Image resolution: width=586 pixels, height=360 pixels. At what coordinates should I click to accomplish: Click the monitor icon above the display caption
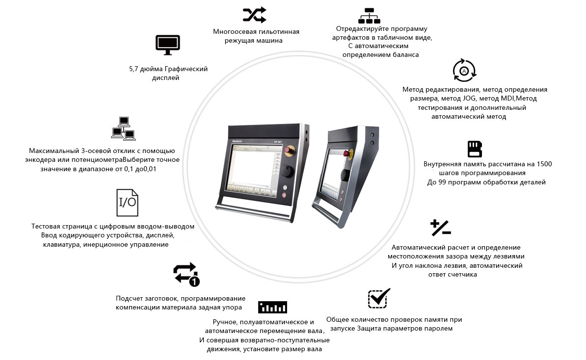168,45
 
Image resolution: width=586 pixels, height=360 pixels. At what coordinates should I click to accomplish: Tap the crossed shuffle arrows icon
255,15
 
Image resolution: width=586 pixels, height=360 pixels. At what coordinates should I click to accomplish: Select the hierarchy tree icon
369,16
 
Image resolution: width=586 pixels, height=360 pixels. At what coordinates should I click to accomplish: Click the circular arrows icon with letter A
464,70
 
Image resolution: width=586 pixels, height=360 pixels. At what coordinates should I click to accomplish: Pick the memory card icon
475,149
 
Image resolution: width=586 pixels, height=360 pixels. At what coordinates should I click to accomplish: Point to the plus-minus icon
441,228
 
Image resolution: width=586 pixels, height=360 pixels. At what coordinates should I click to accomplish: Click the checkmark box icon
379,298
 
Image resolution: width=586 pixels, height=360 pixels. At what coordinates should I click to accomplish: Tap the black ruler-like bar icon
272,307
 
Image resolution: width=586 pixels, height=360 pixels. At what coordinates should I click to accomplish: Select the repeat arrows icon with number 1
186,275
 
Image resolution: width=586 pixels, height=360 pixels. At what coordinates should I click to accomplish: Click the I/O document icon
128,203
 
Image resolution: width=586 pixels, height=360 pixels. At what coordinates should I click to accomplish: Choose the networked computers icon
123,129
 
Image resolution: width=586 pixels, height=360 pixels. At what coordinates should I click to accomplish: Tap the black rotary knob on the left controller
288,171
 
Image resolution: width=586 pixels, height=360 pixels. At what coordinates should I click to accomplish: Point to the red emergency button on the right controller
346,154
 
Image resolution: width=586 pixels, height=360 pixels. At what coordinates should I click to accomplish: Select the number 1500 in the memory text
544,164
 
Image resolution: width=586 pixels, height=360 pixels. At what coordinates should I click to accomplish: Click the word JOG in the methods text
469,99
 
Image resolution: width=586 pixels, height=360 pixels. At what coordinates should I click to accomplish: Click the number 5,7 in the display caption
133,69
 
